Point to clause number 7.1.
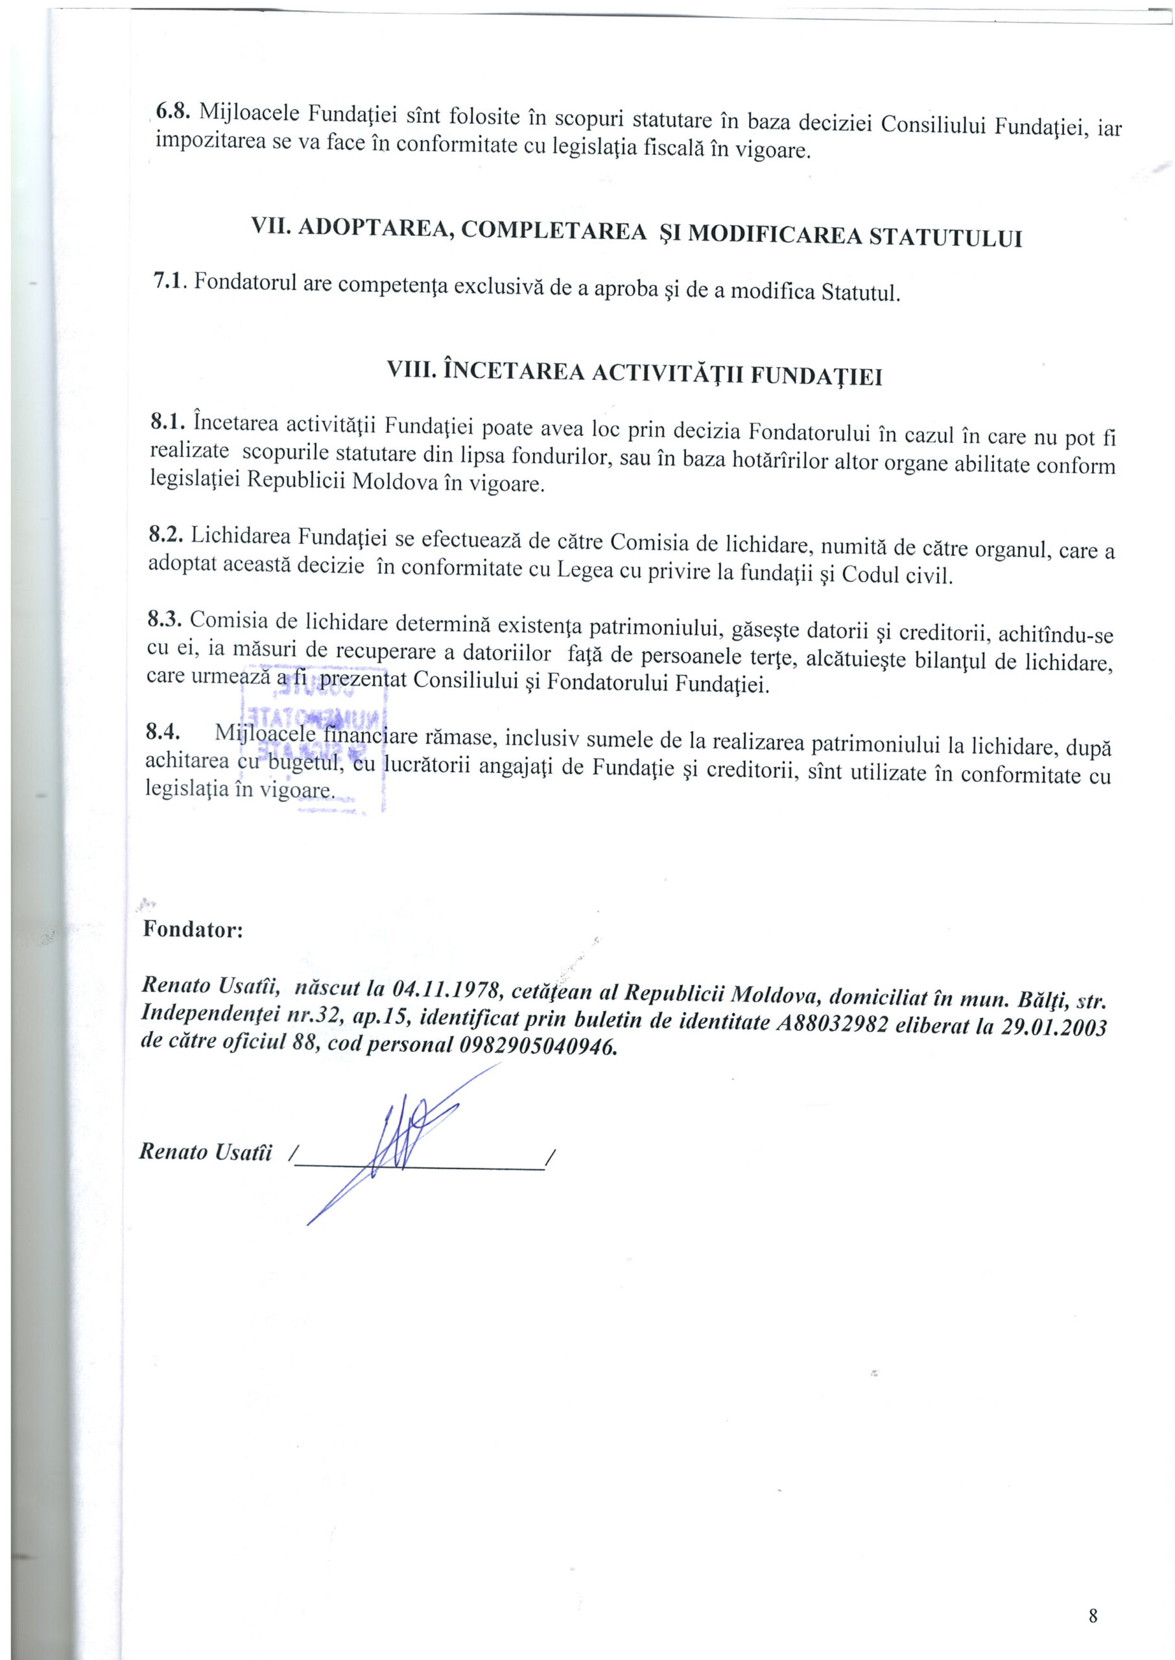[169, 282]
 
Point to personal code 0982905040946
[538, 1047]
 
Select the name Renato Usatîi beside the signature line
[206, 1152]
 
